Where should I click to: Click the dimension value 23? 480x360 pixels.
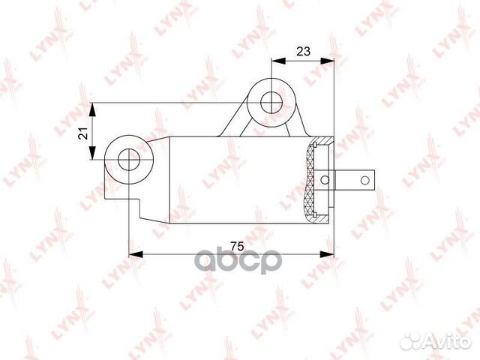click(303, 51)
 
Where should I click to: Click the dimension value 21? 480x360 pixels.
click(83, 133)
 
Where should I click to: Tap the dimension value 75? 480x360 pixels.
click(237, 246)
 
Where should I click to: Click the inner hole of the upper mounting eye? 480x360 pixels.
click(271, 103)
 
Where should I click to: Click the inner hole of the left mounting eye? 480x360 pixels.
click(129, 160)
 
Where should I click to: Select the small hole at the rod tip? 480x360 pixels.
click(365, 180)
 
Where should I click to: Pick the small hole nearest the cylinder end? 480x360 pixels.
click(325, 180)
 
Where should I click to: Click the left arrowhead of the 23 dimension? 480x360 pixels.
click(278, 61)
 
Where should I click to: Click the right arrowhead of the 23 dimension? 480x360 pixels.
click(327, 61)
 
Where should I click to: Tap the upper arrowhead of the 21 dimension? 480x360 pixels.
click(92, 109)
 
